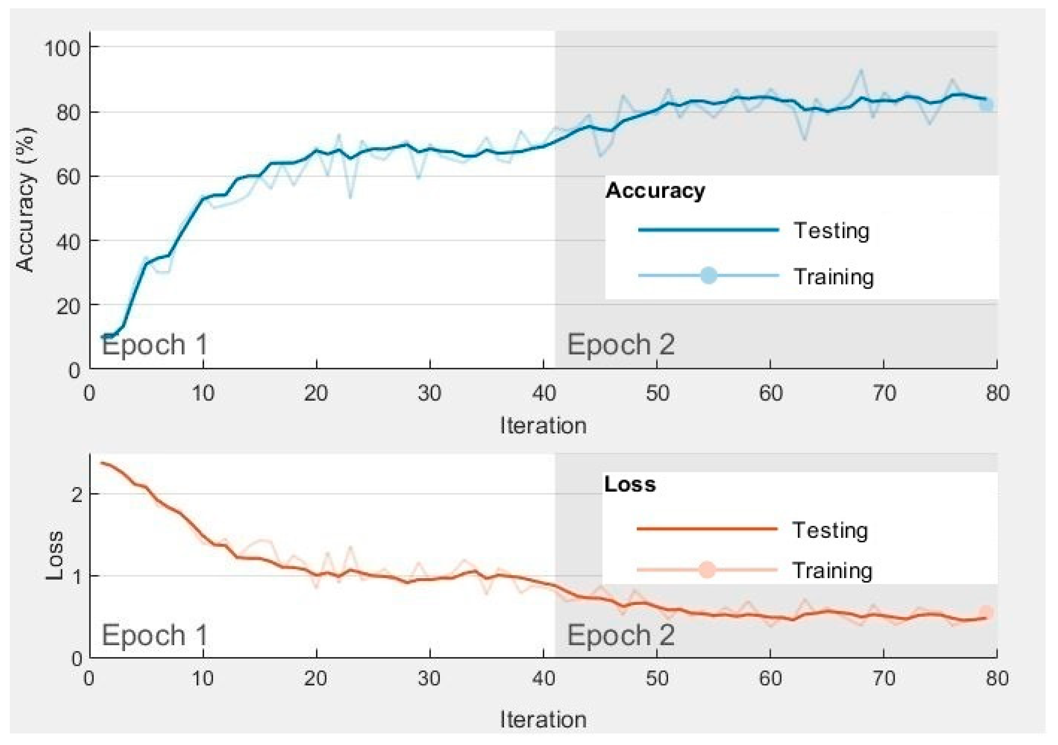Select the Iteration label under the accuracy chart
tap(543, 425)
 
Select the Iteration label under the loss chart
tap(543, 719)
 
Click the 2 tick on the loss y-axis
tap(77, 494)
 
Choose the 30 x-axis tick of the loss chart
tap(429, 678)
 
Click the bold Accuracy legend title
tap(655, 190)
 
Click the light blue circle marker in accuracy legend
tap(708, 276)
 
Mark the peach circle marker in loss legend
tap(707, 570)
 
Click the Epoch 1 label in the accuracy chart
tap(154, 344)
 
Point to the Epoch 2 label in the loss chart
tap(620, 635)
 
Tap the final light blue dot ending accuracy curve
tap(986, 105)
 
